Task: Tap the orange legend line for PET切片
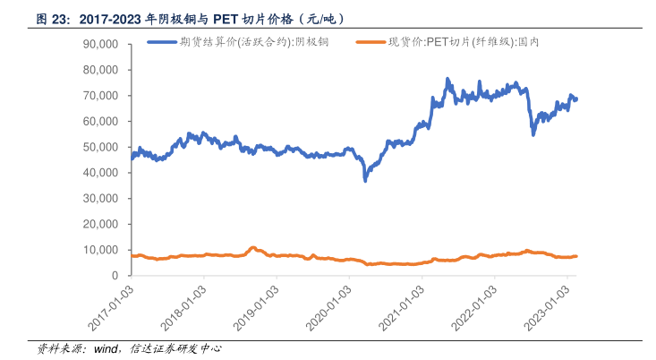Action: click(371, 42)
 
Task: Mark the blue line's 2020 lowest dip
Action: click(365, 180)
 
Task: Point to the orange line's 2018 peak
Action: click(253, 247)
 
